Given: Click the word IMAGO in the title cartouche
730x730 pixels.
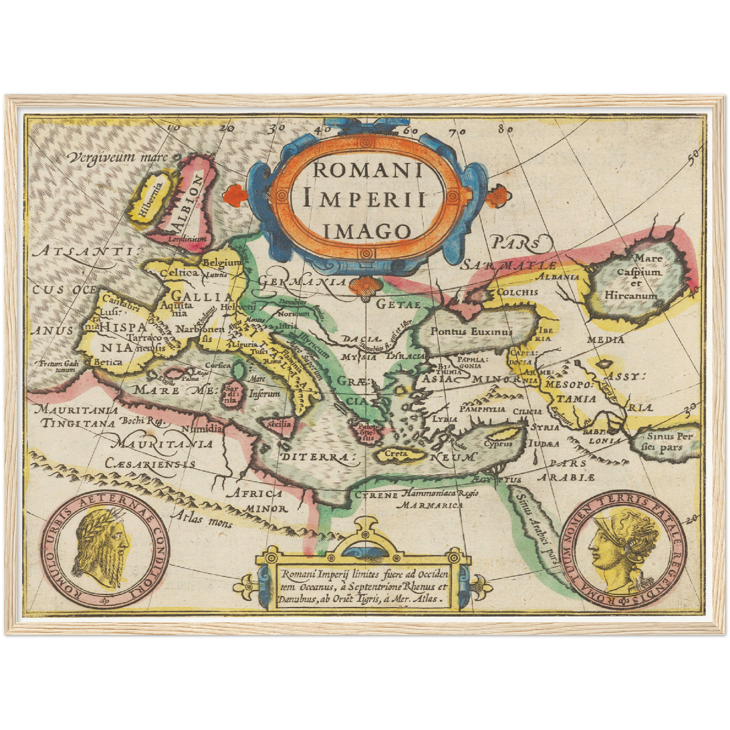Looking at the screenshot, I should coord(366,231).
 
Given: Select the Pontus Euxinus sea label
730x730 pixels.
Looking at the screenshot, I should coord(471,331).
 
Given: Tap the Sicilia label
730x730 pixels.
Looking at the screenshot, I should coord(280,424).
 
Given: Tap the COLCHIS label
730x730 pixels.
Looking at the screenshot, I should coord(517,292).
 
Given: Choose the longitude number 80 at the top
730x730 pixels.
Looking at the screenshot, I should coord(505,128).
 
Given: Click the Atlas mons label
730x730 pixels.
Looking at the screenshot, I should coord(201,518).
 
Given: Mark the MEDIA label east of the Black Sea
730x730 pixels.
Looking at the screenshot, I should coord(605,339).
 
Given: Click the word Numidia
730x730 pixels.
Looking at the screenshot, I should coord(202,428).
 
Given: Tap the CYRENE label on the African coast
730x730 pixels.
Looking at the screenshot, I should coord(376,495).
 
